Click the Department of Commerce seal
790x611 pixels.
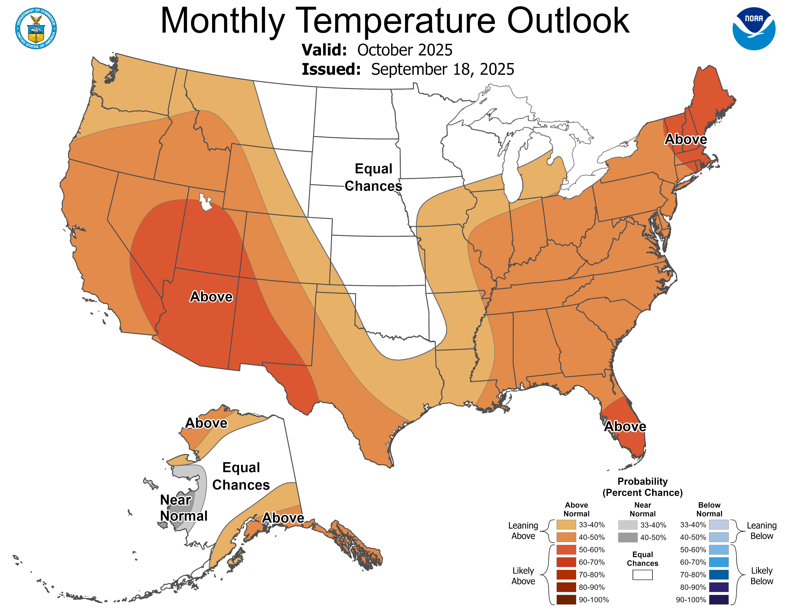click(x=36, y=29)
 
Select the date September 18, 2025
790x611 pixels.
click(x=442, y=69)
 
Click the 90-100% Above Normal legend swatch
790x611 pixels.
click(x=566, y=600)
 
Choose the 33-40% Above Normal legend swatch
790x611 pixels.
click(x=566, y=525)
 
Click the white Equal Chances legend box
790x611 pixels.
click(x=643, y=575)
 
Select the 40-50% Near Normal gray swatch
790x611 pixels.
click(x=628, y=537)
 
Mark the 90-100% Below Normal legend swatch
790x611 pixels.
click(x=718, y=600)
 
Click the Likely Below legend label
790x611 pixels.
click(x=762, y=576)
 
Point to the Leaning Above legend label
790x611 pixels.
click(x=523, y=531)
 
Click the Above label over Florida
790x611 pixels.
click(x=625, y=427)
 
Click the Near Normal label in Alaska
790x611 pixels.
click(x=183, y=508)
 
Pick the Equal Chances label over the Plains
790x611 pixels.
click(x=373, y=177)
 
